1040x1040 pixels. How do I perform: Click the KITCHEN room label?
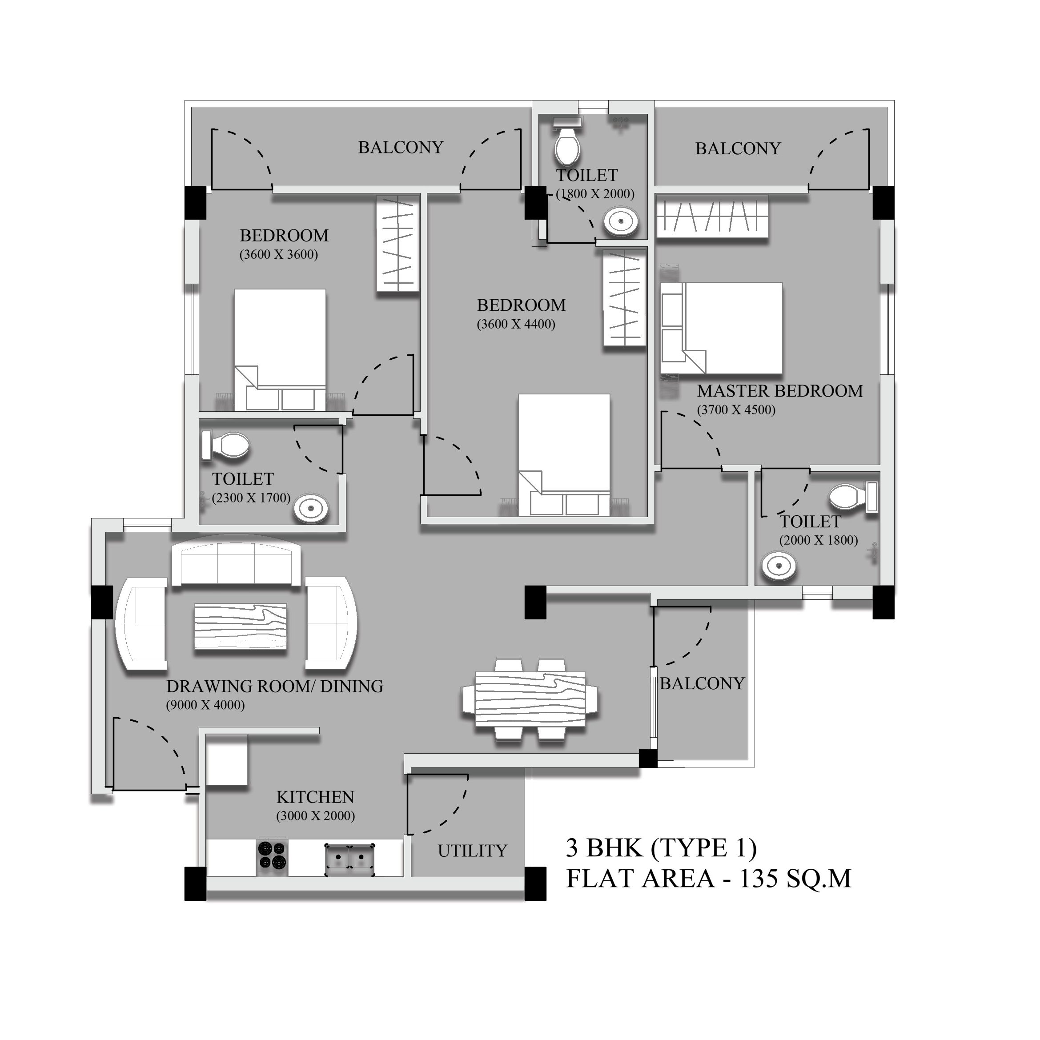point(315,797)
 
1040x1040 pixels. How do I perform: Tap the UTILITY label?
point(473,851)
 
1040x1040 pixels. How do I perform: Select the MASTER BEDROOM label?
point(780,391)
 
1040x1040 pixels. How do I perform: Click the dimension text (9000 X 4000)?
point(205,705)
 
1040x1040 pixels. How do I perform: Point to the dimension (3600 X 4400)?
point(516,324)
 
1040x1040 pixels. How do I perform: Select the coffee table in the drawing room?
point(241,626)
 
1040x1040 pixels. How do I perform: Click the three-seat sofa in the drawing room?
point(236,564)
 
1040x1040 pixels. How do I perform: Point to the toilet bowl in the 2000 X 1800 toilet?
point(854,496)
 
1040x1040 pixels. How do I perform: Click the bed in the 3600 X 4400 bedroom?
point(564,455)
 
